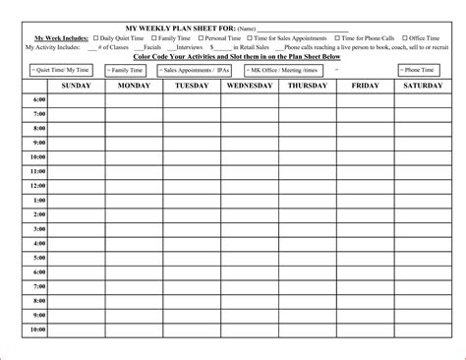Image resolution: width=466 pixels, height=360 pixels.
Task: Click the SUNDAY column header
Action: pyautogui.click(x=77, y=87)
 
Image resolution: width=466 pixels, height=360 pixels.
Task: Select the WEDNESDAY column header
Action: pyautogui.click(x=250, y=87)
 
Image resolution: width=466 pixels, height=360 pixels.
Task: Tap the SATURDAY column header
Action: pyautogui.click(x=422, y=87)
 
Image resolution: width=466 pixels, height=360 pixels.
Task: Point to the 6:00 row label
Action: pyautogui.click(x=38, y=100)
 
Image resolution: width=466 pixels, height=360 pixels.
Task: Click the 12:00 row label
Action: pyautogui.click(x=37, y=186)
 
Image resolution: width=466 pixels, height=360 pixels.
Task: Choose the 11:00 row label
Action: pyautogui.click(x=37, y=171)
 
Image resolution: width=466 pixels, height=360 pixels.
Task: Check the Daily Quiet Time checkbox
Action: pyautogui.click(x=96, y=37)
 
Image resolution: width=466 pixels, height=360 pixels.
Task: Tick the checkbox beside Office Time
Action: pyautogui.click(x=403, y=37)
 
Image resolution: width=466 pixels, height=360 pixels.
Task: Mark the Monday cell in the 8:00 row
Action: pyautogui.click(x=135, y=129)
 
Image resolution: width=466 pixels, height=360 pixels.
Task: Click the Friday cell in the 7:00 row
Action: pyautogui.click(x=365, y=114)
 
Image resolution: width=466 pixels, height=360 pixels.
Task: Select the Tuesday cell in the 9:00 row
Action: pyautogui.click(x=192, y=143)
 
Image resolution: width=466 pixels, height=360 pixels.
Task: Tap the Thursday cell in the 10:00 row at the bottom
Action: pyautogui.click(x=307, y=330)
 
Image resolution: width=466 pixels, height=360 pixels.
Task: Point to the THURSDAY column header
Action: pyautogui.click(x=307, y=87)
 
